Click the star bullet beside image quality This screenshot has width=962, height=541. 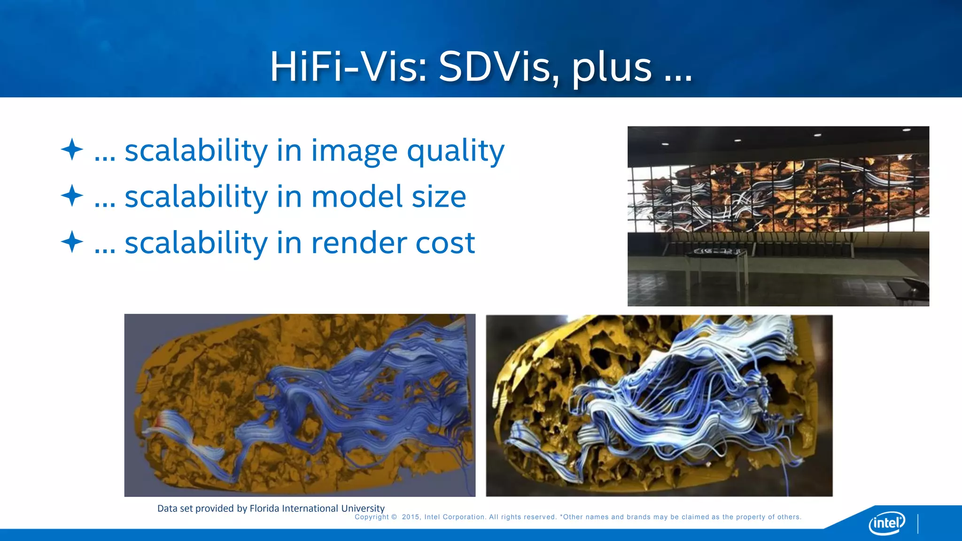(72, 149)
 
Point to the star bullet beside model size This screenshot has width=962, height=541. (72, 195)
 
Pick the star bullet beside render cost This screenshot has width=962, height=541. (72, 242)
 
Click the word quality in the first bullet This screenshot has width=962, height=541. (455, 151)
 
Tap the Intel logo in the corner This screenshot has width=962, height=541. (887, 523)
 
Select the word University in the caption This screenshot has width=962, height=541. (363, 508)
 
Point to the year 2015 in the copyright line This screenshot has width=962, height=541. (411, 517)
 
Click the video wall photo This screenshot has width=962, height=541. (778, 216)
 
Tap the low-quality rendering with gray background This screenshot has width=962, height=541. (300, 405)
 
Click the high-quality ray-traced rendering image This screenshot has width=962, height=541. (659, 405)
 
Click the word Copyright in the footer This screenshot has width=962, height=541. (372, 517)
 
